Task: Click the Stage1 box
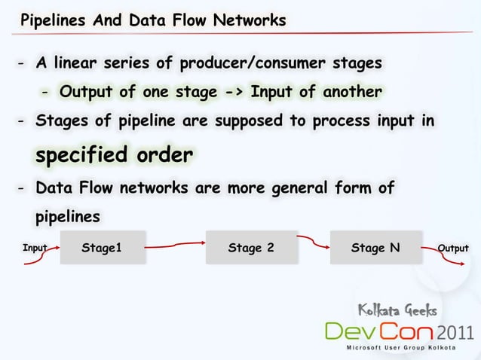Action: (102, 248)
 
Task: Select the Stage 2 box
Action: (251, 248)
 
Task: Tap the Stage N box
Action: (375, 248)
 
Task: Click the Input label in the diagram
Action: (35, 247)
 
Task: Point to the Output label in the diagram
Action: (453, 248)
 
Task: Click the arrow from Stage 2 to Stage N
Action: (314, 243)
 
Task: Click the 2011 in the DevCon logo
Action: (455, 331)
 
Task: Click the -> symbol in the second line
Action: (229, 92)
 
